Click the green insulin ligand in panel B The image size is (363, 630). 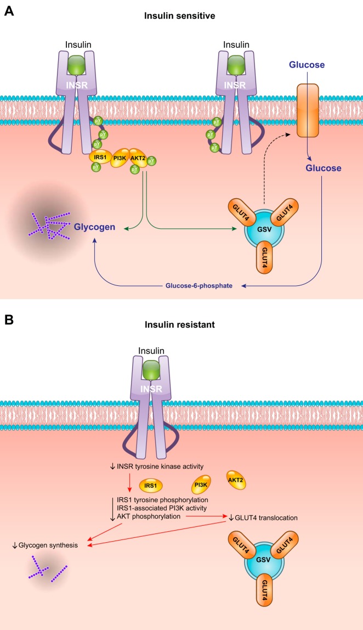163,369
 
